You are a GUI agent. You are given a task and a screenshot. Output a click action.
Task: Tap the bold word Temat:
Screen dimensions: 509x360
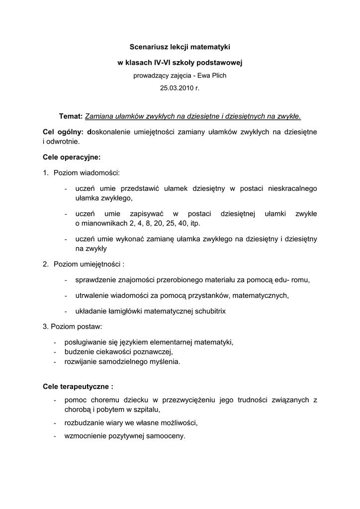71,116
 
